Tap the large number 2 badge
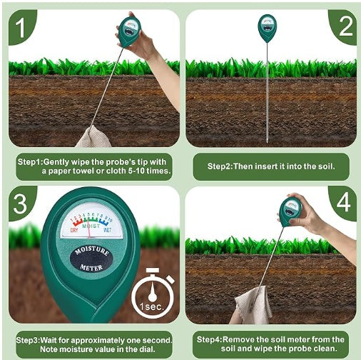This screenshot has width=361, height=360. [x=345, y=26]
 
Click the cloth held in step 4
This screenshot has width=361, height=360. [x=253, y=306]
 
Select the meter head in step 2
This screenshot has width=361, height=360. [x=268, y=29]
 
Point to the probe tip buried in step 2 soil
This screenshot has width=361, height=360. [x=268, y=138]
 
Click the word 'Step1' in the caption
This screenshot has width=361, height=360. [x=30, y=162]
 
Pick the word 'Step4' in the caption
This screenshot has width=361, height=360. [x=210, y=339]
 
